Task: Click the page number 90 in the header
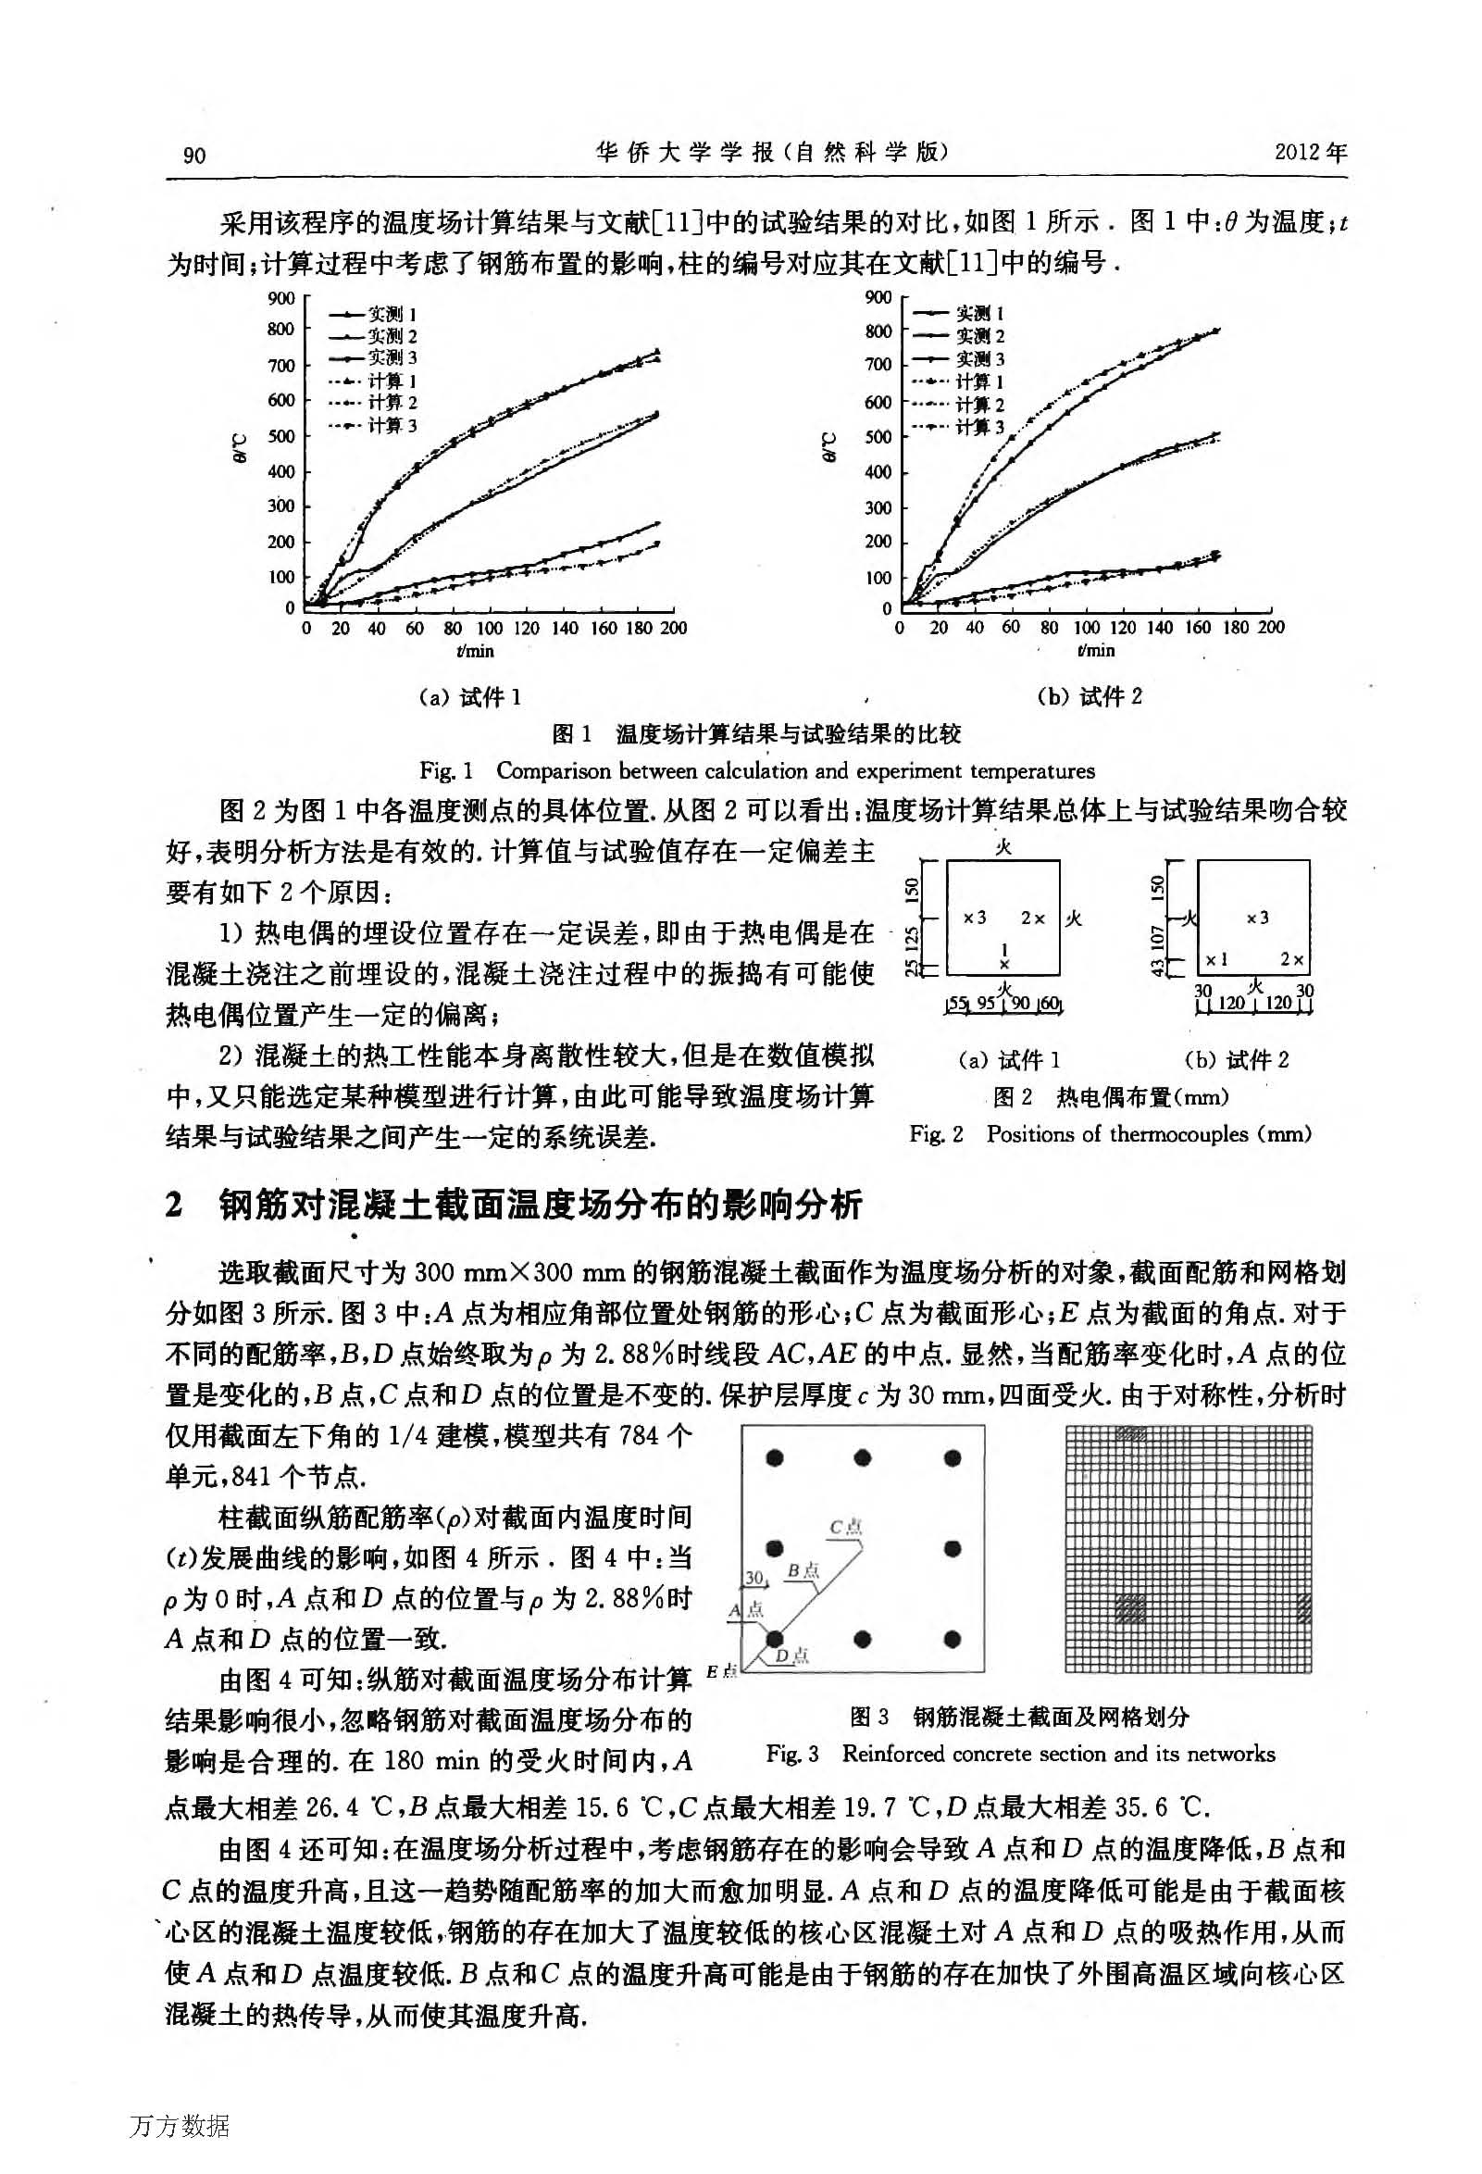[x=194, y=156]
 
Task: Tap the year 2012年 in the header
[x=1310, y=154]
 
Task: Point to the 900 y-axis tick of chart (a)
[x=280, y=298]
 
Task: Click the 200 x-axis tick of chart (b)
[x=1271, y=628]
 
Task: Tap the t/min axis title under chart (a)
[x=476, y=651]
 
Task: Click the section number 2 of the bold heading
[x=174, y=1205]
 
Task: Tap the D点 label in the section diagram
[x=794, y=1655]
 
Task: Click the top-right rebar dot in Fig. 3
[x=953, y=1458]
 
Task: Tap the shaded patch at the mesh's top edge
[x=1131, y=1433]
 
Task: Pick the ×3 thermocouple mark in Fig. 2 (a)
[x=975, y=918]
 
